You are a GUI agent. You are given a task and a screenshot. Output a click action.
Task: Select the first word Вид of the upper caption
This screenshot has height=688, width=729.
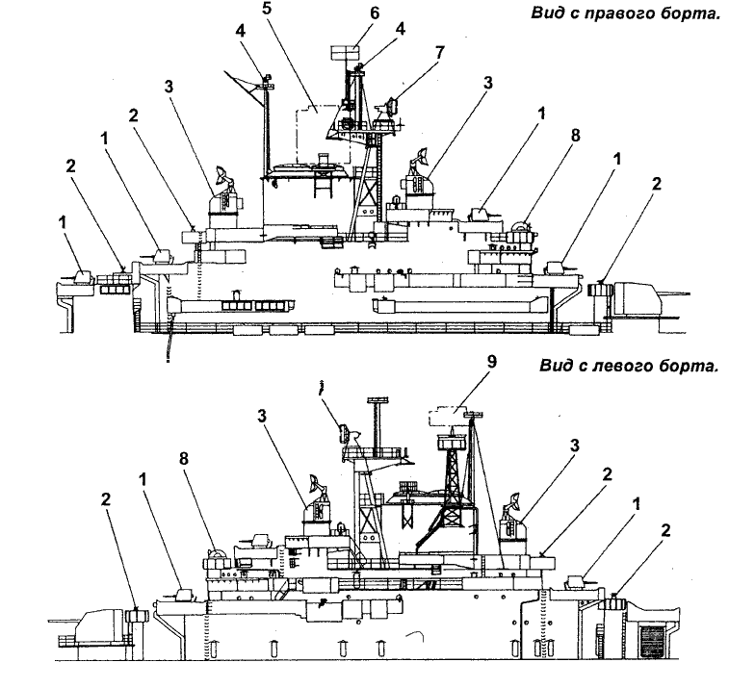pos(546,14)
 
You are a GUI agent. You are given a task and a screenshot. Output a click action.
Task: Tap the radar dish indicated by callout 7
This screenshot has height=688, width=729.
pos(392,107)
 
